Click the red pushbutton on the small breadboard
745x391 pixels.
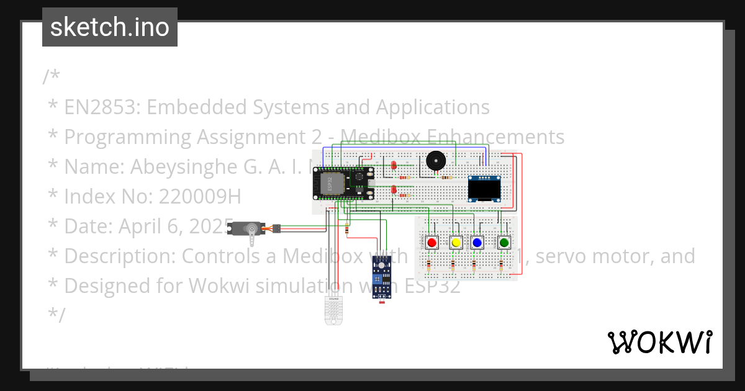click(432, 242)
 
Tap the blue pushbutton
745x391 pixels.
click(477, 242)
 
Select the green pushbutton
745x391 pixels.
click(503, 242)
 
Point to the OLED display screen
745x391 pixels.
click(484, 189)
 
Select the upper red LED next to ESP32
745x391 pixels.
click(394, 165)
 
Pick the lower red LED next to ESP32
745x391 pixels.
click(394, 189)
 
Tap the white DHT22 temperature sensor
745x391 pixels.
click(333, 310)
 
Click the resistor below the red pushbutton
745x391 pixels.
click(430, 267)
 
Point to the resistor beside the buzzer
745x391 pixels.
click(446, 178)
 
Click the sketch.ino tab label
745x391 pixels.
click(110, 27)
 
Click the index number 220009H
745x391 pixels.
click(199, 196)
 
